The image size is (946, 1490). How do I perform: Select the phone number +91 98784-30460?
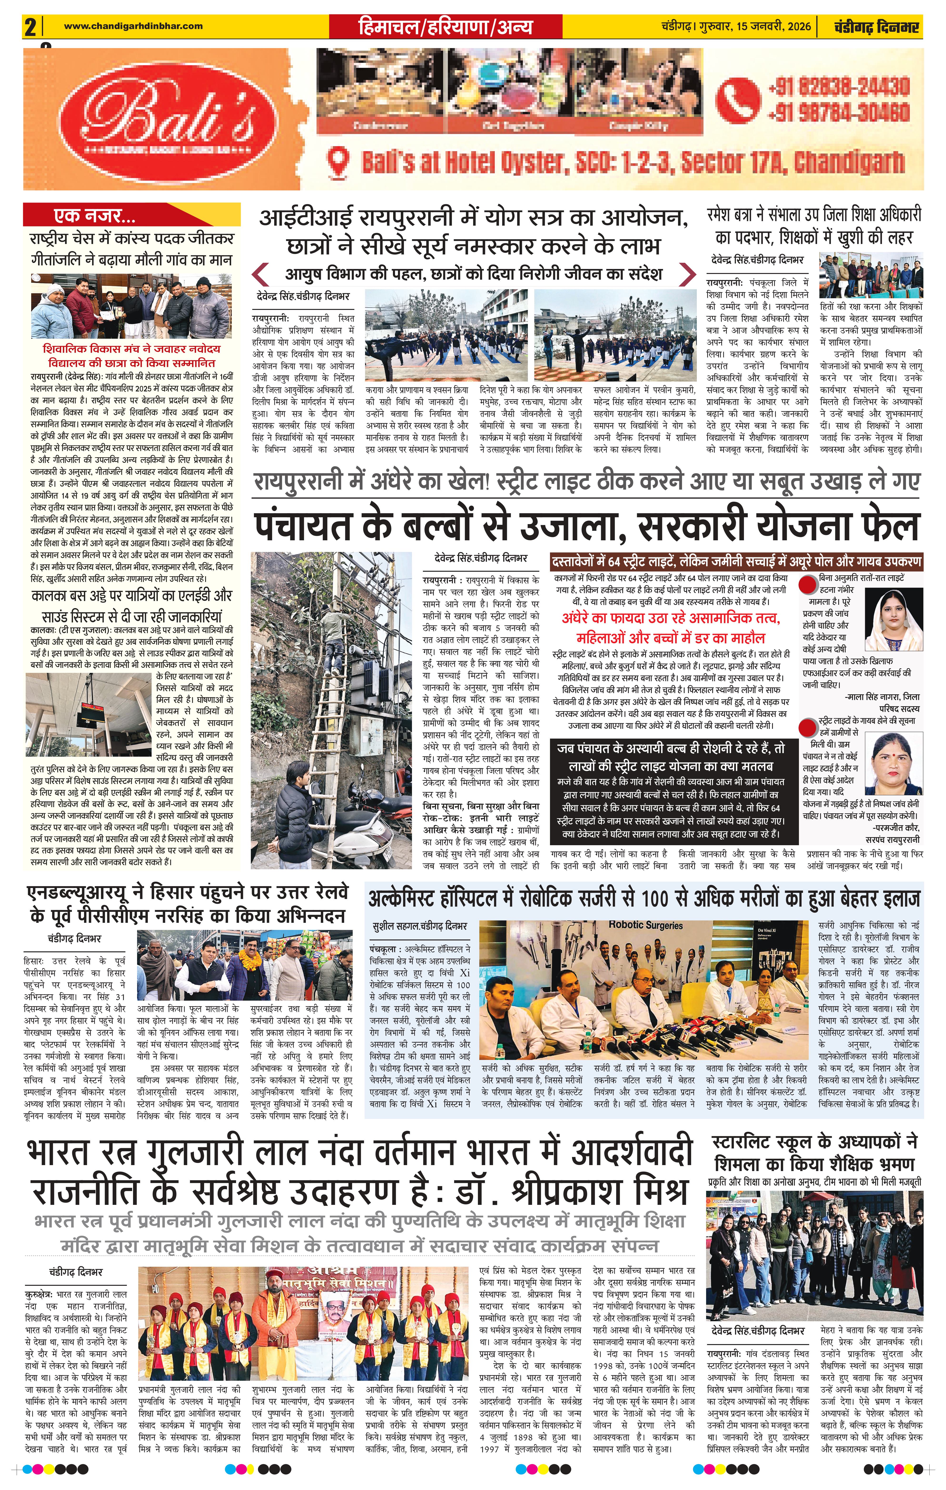[x=838, y=113]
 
